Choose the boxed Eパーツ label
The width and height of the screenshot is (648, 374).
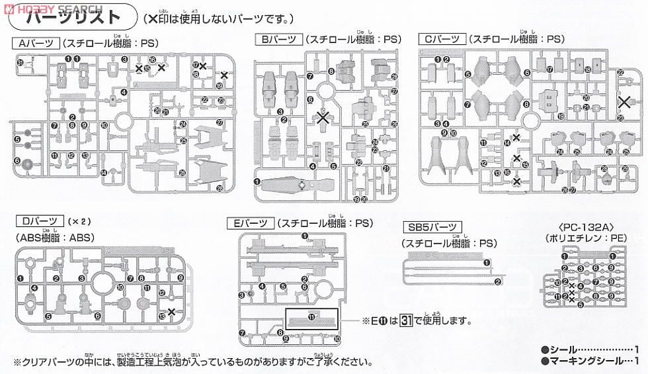pos(251,223)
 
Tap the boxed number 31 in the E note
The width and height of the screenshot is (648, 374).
pos(408,322)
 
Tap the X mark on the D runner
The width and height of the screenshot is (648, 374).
pos(171,311)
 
